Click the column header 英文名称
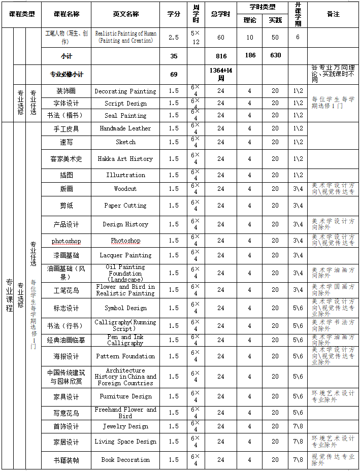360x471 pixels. [x=125, y=14]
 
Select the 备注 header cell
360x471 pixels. [x=333, y=14]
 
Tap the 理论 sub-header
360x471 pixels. [x=250, y=20]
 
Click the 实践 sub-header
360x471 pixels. [x=275, y=20]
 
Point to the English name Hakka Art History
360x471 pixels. [x=125, y=159]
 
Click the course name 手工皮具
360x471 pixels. [x=67, y=129]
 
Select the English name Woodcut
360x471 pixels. [x=125, y=189]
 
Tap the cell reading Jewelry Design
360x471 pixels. [x=125, y=426]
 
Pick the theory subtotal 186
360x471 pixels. [x=250, y=55]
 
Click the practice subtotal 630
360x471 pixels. [x=275, y=55]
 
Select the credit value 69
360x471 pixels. [x=174, y=75]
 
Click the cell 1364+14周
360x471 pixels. [x=221, y=75]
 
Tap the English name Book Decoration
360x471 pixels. [x=125, y=460]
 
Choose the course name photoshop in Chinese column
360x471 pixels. [x=67, y=241]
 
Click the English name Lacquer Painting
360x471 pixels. [x=125, y=255]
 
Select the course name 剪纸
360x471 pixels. [x=67, y=206]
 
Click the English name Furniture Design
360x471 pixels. [x=125, y=396]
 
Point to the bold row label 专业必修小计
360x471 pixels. [x=67, y=75]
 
